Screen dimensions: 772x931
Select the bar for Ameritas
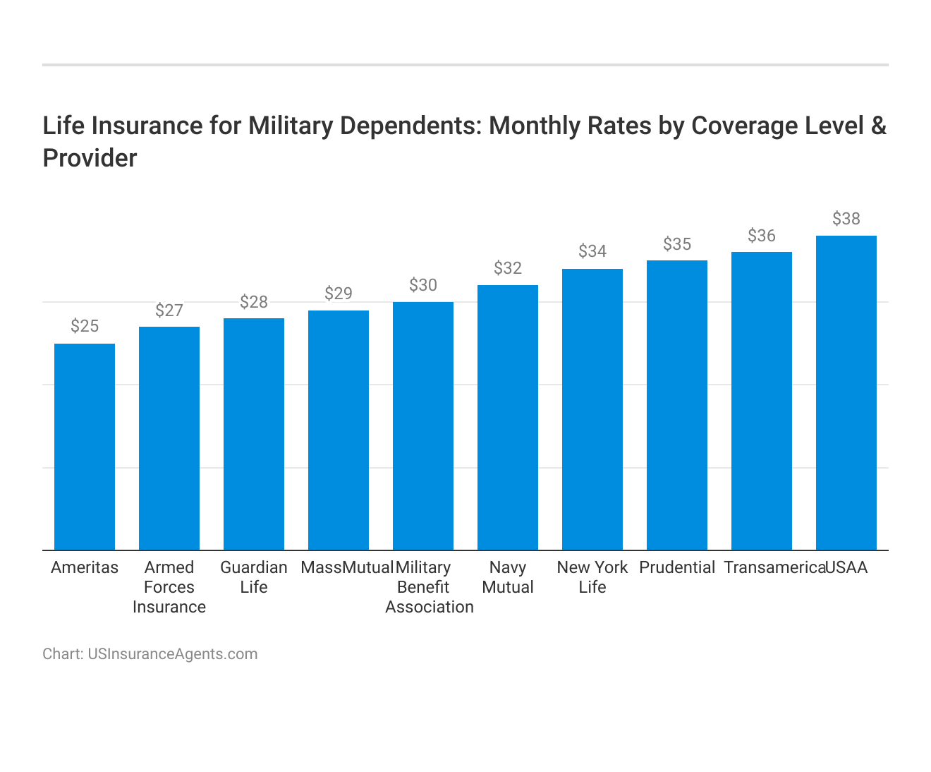(x=85, y=447)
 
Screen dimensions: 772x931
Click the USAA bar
(x=846, y=392)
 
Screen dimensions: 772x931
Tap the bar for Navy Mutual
(x=508, y=417)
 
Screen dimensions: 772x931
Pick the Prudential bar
(x=677, y=405)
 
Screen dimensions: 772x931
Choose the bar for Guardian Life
(x=254, y=434)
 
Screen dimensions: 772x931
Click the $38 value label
(x=846, y=219)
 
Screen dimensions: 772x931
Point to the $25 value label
(x=85, y=326)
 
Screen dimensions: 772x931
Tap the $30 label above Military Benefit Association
(x=423, y=285)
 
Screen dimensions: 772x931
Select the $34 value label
(x=592, y=251)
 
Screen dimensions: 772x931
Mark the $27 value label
(x=169, y=310)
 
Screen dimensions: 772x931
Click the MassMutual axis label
(x=346, y=567)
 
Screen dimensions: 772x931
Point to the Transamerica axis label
(x=774, y=567)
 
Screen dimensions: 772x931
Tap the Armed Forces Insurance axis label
(x=169, y=587)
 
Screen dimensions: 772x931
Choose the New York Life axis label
(x=592, y=577)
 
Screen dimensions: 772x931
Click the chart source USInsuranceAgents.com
(x=172, y=654)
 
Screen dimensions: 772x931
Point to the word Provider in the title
(x=90, y=158)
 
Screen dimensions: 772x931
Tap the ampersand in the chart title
(x=878, y=126)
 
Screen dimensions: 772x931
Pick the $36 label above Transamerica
(x=762, y=236)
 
